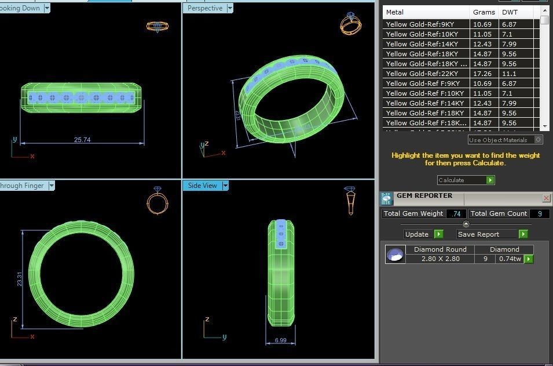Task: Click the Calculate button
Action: tap(466, 180)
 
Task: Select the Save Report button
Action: tap(492, 234)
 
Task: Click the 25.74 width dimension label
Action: tap(82, 140)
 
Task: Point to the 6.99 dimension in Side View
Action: tap(280, 340)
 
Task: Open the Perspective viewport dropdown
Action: tap(230, 8)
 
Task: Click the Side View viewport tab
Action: tap(202, 186)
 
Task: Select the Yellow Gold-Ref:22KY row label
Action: tap(422, 74)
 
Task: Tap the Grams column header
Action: tap(484, 12)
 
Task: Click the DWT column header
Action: tap(510, 12)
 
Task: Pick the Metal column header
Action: tap(395, 12)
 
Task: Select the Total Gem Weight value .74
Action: tap(456, 213)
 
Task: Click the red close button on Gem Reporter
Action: tap(546, 198)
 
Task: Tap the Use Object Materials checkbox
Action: tap(538, 140)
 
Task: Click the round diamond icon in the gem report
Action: tap(395, 254)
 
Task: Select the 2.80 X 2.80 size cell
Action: tap(440, 259)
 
